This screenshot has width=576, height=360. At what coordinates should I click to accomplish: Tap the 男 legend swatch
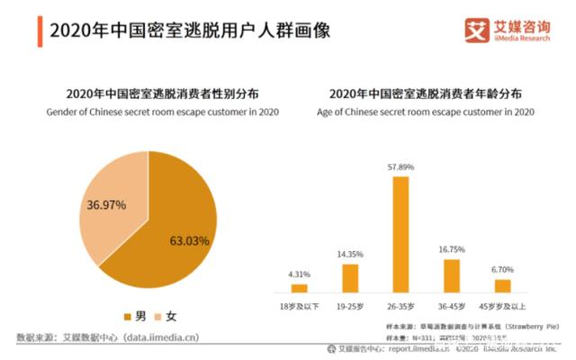click(128, 316)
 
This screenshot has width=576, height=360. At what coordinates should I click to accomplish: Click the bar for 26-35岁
click(400, 234)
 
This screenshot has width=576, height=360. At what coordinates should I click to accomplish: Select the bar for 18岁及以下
click(299, 288)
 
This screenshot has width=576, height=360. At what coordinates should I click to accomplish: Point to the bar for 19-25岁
click(350, 278)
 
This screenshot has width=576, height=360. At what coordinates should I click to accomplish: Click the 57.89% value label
click(400, 168)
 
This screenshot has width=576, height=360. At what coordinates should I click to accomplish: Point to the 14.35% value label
click(350, 255)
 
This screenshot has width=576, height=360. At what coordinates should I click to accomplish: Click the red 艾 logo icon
click(476, 30)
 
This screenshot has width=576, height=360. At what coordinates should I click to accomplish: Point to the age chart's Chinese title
click(426, 94)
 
